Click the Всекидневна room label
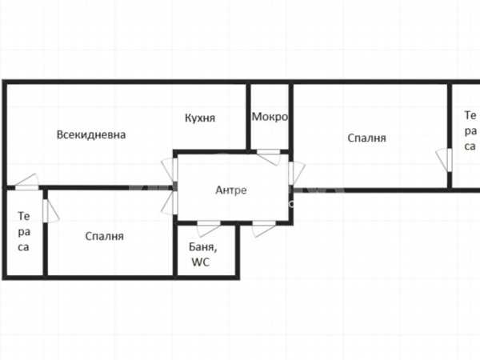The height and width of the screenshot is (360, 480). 91,134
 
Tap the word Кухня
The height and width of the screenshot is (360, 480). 200,118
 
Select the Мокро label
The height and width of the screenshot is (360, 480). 270,117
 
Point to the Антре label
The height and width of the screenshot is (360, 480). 231,190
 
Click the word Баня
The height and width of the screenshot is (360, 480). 202,246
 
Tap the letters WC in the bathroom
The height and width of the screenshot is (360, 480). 201,262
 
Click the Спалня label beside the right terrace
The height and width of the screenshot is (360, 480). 366,138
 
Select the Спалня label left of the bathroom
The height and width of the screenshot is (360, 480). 104,236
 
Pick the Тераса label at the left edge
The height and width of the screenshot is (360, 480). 23,231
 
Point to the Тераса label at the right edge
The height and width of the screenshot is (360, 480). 470,130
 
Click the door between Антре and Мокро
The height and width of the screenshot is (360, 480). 269,157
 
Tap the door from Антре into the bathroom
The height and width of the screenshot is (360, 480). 209,228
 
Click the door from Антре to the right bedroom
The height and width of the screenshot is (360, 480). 296,173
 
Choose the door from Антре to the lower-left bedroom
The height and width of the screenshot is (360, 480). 170,202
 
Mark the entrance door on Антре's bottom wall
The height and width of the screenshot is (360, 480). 264,228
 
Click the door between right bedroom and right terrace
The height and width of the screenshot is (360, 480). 444,160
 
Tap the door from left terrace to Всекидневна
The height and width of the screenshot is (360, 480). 27,182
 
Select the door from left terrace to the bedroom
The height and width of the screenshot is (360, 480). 50,211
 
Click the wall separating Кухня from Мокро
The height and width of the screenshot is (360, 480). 248,117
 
